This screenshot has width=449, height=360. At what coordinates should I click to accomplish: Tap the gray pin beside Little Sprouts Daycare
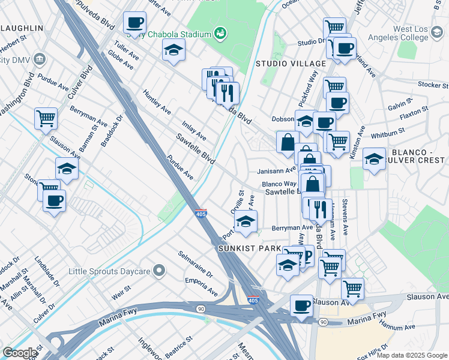point(158,271)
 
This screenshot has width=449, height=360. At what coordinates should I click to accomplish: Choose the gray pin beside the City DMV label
point(40,59)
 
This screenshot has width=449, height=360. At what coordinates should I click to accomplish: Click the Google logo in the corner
point(19,353)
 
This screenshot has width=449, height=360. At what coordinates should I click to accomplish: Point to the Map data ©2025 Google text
point(412,355)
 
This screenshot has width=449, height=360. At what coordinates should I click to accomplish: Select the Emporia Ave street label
point(202,286)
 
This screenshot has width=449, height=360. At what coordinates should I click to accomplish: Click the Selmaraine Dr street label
point(195,263)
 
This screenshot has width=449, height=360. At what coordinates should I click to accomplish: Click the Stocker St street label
point(430,85)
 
